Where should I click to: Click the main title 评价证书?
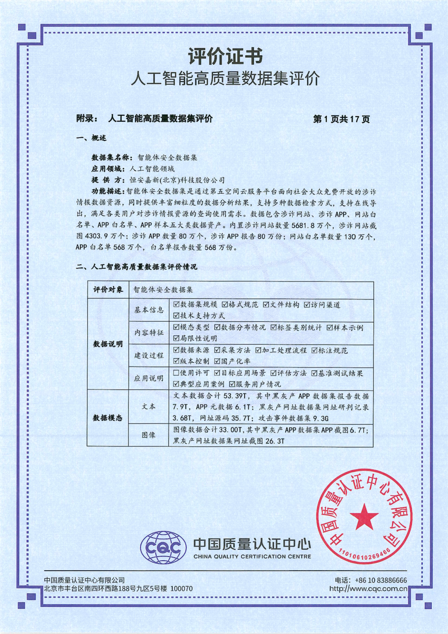pos(225,57)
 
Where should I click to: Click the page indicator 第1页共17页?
pos(341,119)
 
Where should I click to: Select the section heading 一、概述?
pos(91,138)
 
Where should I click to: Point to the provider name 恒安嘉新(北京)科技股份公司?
pos(177,180)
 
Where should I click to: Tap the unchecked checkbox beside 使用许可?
pos(176,373)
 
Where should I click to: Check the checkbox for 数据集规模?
pos(176,305)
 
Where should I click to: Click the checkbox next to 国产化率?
pos(217,361)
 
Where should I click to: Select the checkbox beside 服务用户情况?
pos(232,384)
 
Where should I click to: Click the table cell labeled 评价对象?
pos(108,290)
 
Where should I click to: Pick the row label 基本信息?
pos(149,310)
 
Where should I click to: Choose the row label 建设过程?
pos(149,355)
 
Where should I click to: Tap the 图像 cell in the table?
pos(149,435)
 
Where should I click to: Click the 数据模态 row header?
pos(108,418)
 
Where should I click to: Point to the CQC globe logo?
pos(163,548)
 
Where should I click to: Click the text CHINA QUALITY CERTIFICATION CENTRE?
pos(252,557)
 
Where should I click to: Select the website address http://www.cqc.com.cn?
pos(368,589)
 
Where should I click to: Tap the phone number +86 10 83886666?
pos(381,580)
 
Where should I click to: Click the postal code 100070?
pos(182,589)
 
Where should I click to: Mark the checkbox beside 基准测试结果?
pos(314,373)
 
